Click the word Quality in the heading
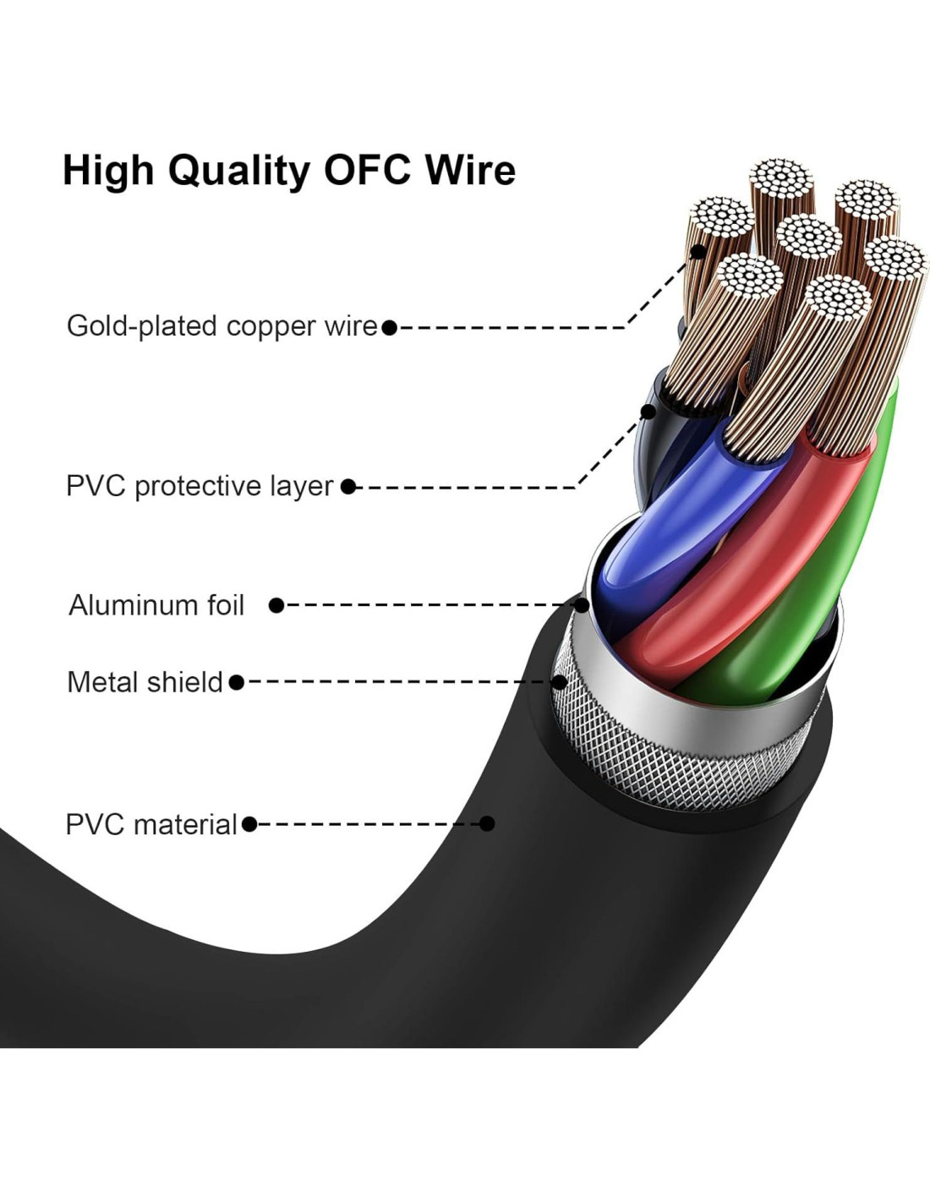pyautogui.click(x=239, y=172)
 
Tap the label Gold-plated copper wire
pyautogui.click(x=222, y=326)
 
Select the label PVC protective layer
pyautogui.click(x=200, y=486)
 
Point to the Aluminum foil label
pyautogui.click(x=156, y=605)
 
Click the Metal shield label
pyautogui.click(x=145, y=681)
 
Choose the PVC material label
pyautogui.click(x=151, y=824)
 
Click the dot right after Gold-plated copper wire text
pyautogui.click(x=389, y=327)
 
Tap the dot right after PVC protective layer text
pyautogui.click(x=348, y=487)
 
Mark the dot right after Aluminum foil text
pyautogui.click(x=276, y=605)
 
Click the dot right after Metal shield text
pyautogui.click(x=236, y=681)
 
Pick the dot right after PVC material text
pyautogui.click(x=249, y=824)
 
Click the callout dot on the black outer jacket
pyautogui.click(x=487, y=823)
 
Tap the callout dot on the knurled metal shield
pyautogui.click(x=560, y=681)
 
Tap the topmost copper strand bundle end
pyautogui.click(x=780, y=178)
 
